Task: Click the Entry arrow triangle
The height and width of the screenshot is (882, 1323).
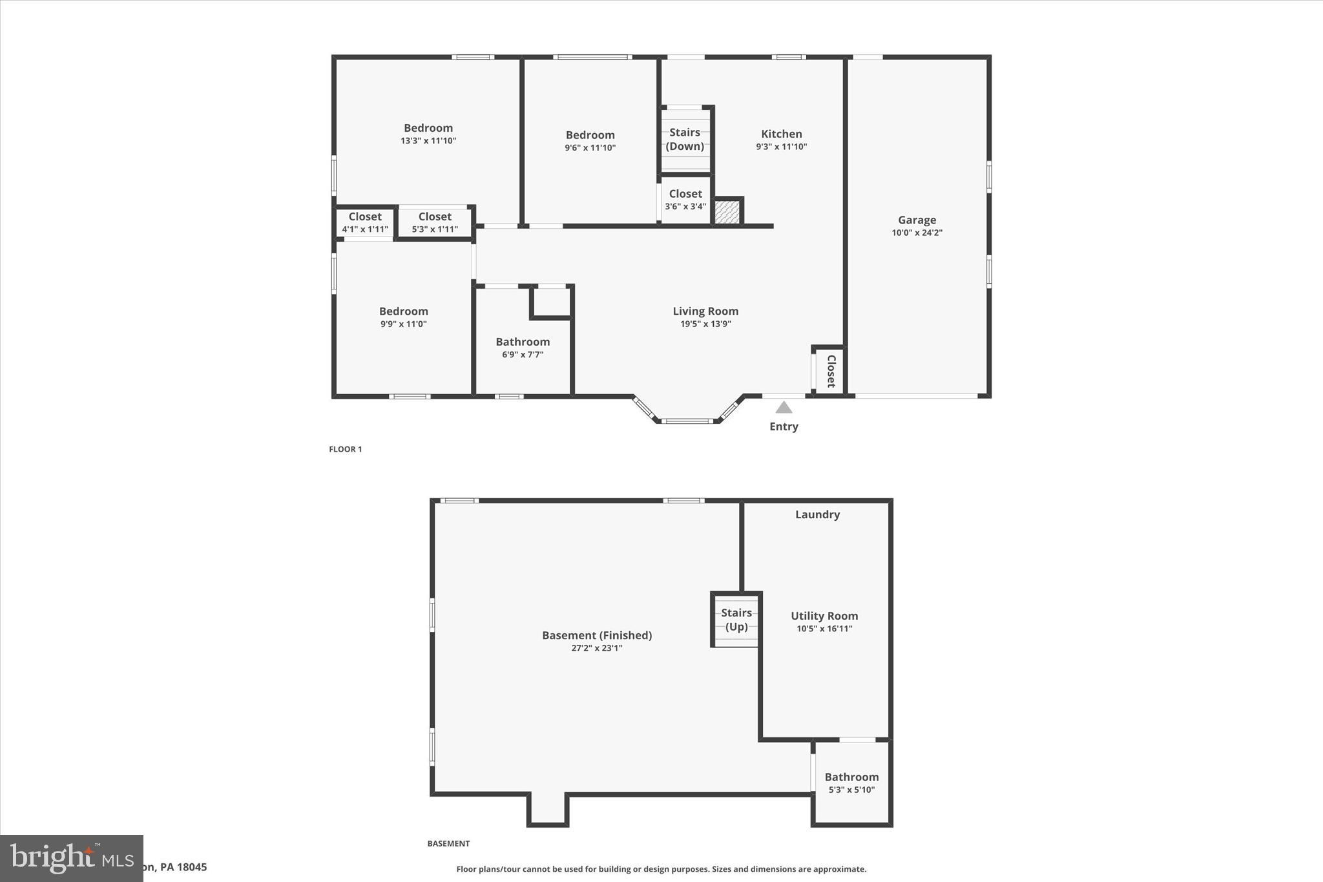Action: click(784, 408)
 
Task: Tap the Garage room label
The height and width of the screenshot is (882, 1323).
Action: click(917, 220)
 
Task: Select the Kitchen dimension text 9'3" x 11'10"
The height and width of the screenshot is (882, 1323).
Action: click(781, 147)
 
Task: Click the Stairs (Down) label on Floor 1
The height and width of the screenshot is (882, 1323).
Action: click(685, 139)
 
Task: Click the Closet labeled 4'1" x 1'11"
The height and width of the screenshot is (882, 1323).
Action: click(365, 222)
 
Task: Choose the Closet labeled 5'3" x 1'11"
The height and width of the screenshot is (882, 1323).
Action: click(435, 222)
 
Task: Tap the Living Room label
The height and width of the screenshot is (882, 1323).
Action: click(705, 311)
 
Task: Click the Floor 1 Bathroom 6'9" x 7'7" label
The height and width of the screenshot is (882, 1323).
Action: click(523, 348)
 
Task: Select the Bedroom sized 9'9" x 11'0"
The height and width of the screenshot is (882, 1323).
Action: click(403, 317)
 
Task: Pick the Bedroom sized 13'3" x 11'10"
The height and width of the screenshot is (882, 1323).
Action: click(428, 134)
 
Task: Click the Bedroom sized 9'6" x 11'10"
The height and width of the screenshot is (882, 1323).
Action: click(590, 141)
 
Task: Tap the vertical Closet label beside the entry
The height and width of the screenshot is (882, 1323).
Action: click(831, 371)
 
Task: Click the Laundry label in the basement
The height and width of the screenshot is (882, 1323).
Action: click(817, 515)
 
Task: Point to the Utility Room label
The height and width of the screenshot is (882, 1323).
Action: click(824, 616)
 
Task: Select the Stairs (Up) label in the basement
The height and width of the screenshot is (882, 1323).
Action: click(736, 620)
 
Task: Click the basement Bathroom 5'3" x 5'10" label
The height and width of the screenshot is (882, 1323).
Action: click(851, 782)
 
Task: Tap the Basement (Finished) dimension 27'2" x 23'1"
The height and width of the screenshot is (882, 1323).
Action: click(596, 648)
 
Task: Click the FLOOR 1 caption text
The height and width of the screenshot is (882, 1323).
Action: click(346, 449)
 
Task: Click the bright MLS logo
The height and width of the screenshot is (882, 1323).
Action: click(71, 858)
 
